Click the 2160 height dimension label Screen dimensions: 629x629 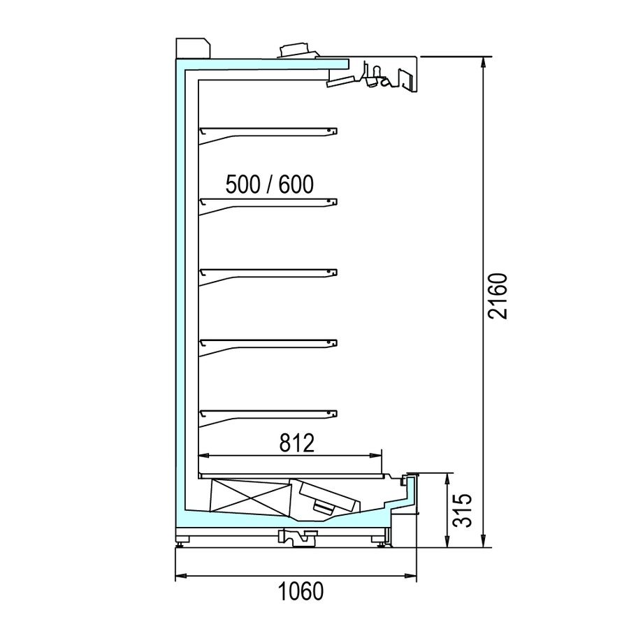pyautogui.click(x=498, y=296)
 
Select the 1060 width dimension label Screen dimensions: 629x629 pyautogui.click(x=301, y=591)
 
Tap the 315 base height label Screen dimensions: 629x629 pyautogui.click(x=463, y=510)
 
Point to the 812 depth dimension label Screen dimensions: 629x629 pyautogui.click(x=297, y=443)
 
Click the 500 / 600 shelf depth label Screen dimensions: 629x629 pyautogui.click(x=270, y=185)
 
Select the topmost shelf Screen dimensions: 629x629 pyautogui.click(x=268, y=134)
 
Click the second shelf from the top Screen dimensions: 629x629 pyautogui.click(x=268, y=205)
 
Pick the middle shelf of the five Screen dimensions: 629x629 pyautogui.click(x=268, y=275)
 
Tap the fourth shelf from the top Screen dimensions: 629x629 pyautogui.click(x=268, y=346)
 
